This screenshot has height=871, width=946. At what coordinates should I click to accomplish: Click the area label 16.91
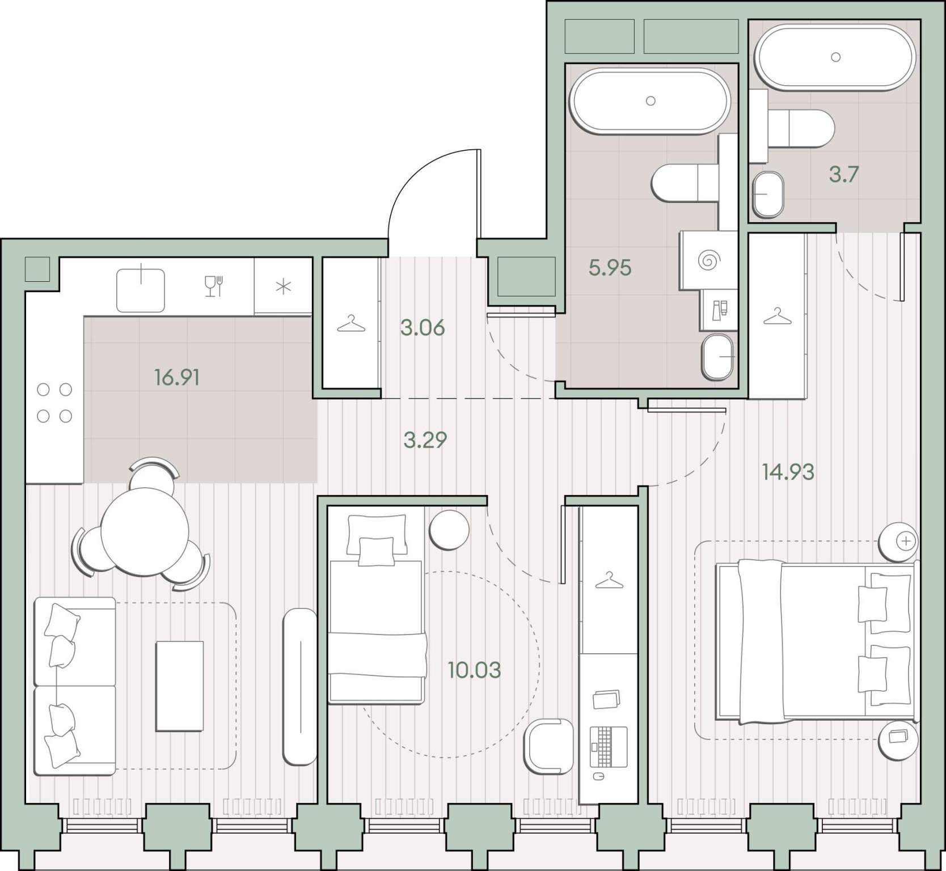click(176, 377)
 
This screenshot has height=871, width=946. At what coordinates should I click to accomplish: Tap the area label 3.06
click(423, 327)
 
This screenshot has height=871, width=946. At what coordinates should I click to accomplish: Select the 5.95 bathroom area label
click(610, 268)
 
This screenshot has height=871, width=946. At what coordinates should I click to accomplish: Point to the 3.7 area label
click(843, 175)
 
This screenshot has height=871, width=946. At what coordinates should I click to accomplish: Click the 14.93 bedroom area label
click(788, 471)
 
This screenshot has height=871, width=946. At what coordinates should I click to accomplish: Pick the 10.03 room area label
click(474, 670)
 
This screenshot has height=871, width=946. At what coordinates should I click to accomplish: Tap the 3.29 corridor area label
click(425, 439)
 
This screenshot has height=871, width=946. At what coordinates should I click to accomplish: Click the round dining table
click(145, 531)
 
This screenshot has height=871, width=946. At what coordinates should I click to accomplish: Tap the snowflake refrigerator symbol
click(283, 287)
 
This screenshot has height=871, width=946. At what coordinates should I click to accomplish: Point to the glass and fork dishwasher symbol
click(214, 286)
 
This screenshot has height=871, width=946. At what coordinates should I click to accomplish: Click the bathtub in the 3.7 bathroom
click(835, 57)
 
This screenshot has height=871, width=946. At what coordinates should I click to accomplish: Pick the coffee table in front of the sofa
click(180, 686)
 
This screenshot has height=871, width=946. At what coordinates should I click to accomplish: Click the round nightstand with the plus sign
click(898, 541)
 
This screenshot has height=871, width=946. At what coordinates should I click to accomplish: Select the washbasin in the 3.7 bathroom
click(768, 194)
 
